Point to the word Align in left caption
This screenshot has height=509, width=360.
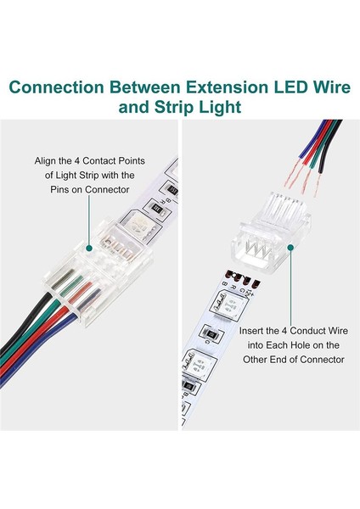click(48, 159)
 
